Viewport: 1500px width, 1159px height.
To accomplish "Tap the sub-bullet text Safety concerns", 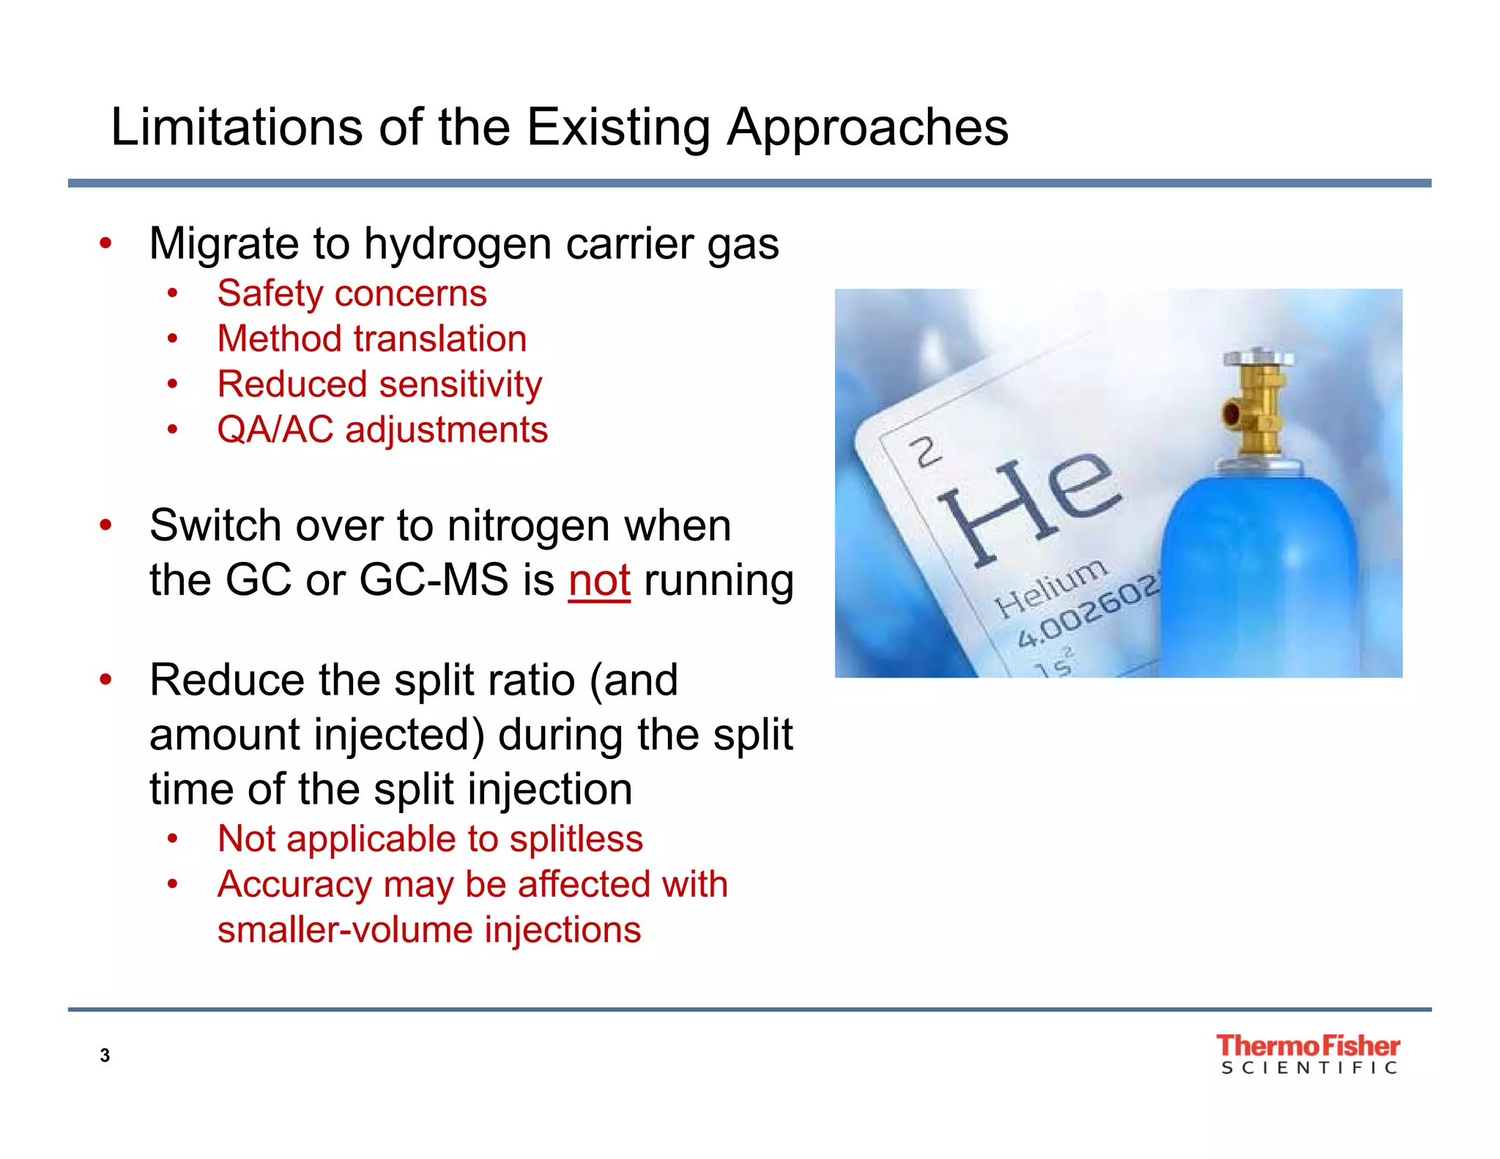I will click(352, 294).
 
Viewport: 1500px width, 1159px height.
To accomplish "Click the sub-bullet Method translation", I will click(372, 339).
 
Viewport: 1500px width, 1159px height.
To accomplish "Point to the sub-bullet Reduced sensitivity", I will click(379, 385).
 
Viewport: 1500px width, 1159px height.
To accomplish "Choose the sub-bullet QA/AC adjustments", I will click(382, 430).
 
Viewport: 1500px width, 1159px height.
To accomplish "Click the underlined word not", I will click(599, 581).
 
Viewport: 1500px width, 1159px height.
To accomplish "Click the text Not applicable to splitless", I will click(430, 839).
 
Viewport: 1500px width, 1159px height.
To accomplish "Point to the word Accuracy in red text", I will click(295, 884).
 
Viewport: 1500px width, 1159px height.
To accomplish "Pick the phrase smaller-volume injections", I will click(429, 930).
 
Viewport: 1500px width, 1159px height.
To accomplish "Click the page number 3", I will click(105, 1056).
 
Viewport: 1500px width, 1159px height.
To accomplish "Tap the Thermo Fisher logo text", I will click(1307, 1045).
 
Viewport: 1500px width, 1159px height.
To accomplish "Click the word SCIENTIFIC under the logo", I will click(1309, 1069).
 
